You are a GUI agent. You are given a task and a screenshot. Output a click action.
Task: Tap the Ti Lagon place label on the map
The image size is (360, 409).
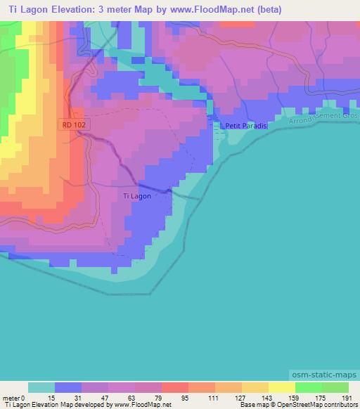136,197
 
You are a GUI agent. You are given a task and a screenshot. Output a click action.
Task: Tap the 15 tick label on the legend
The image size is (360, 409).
54,397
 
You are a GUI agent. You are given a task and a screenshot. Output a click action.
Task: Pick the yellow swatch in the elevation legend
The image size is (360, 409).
281,387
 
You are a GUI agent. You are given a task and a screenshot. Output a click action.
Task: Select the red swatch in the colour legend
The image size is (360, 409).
175,387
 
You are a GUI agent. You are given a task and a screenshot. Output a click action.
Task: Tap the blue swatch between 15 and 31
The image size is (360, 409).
68,387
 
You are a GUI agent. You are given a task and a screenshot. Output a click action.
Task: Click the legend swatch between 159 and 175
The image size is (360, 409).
308,387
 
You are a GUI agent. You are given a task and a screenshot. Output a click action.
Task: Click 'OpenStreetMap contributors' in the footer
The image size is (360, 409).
317,405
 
